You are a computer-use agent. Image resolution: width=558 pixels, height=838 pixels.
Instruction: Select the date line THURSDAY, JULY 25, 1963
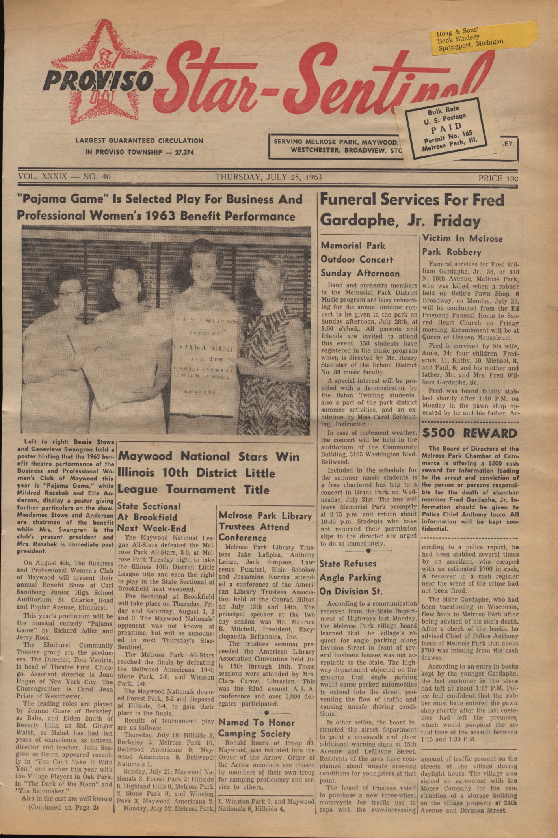[x=268, y=177]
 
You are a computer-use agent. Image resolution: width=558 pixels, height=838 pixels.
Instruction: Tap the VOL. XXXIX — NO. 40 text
[x=64, y=177]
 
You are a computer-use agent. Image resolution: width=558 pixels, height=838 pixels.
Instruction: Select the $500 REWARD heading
[x=469, y=434]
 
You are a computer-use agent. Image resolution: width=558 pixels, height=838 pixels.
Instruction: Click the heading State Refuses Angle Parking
[x=351, y=577]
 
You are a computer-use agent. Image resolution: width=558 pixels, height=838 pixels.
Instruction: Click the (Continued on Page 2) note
[x=63, y=807]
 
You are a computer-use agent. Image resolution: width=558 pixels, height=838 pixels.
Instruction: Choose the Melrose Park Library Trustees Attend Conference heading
[x=265, y=527]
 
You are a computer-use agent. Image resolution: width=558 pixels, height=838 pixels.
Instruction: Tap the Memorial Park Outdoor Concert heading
[x=359, y=259]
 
